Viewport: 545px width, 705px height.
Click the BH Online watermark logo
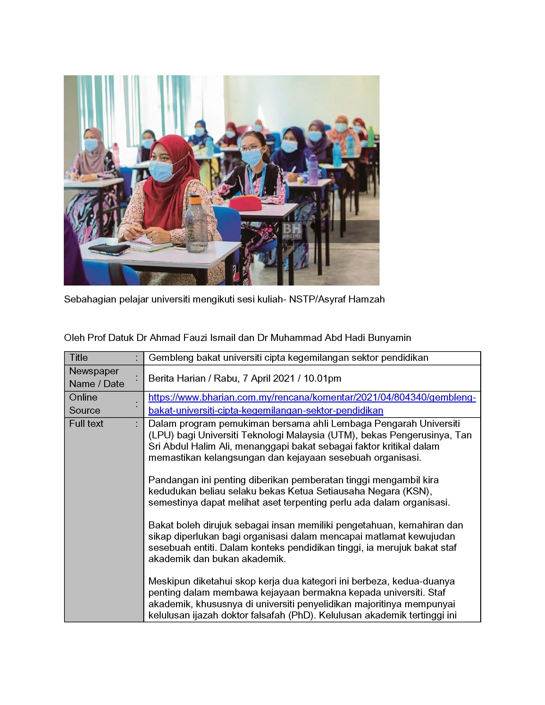(x=292, y=230)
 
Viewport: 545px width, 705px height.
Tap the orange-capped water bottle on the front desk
(x=196, y=223)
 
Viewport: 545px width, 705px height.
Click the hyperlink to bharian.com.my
(x=312, y=403)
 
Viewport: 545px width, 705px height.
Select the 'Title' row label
(x=79, y=358)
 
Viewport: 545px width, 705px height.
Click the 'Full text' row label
(x=86, y=424)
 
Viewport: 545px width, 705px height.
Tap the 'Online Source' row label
(x=84, y=403)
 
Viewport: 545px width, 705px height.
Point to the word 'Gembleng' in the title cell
(x=169, y=358)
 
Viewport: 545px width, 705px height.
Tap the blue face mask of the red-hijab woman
(x=161, y=170)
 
